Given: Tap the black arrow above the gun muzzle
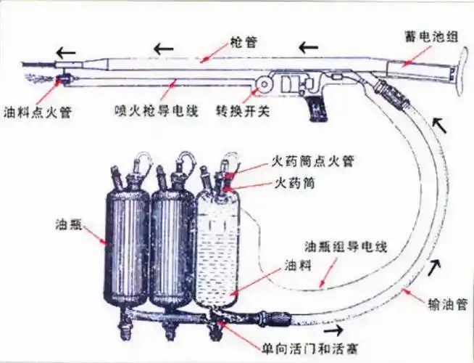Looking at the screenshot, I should pos(65,52).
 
